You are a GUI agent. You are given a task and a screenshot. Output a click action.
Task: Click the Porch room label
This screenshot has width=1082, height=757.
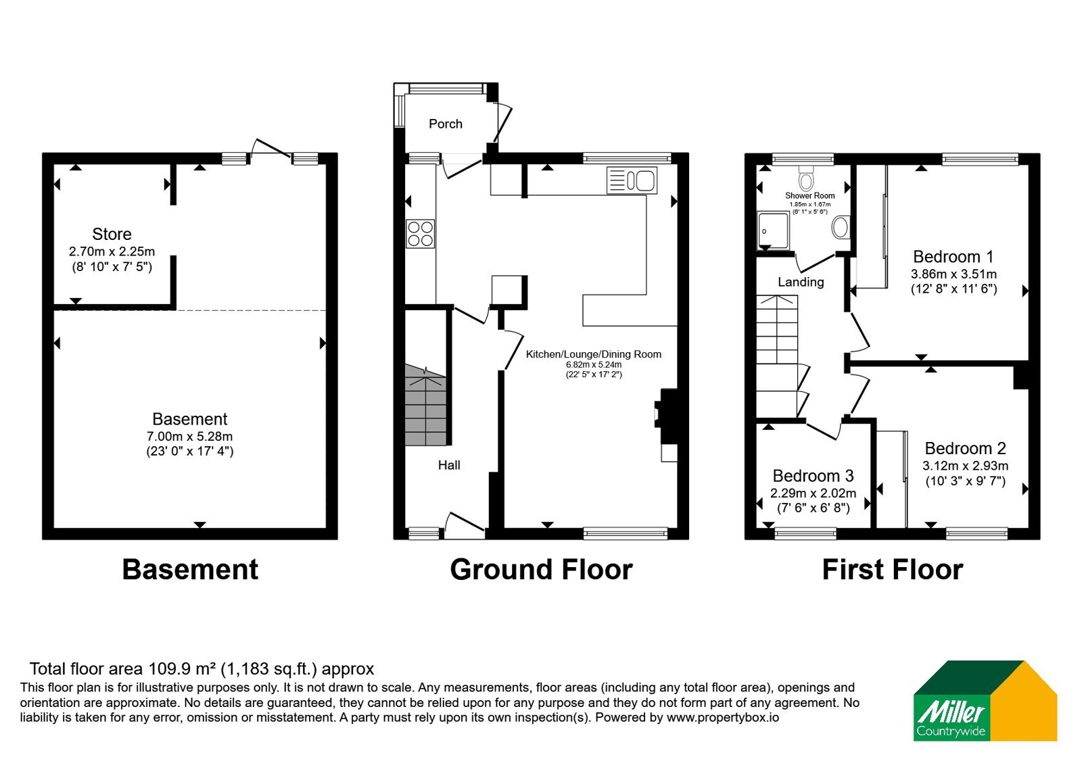coord(446,124)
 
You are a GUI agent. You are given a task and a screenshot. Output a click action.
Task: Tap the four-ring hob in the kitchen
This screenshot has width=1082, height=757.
coord(420,234)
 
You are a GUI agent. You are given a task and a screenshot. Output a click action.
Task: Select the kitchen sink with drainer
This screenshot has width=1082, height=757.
coord(632,180)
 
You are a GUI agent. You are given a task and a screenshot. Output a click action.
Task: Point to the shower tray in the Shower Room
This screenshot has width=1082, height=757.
coord(774,230)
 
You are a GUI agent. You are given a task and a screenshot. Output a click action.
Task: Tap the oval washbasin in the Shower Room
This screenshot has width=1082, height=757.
coord(841,227)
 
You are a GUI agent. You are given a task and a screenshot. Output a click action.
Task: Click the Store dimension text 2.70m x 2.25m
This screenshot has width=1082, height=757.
coord(112,251)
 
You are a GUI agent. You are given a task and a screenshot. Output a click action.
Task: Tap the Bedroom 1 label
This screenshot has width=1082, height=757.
coord(953,256)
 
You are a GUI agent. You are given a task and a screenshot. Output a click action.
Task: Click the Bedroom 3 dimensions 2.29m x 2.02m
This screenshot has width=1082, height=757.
coord(813,493)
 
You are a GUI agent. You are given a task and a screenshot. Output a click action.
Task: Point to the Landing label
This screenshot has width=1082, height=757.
coord(801,282)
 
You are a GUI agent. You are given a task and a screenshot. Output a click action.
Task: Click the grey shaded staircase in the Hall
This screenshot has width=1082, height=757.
coord(425,405)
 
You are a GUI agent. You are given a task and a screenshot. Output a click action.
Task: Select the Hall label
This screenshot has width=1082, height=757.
coord(449,465)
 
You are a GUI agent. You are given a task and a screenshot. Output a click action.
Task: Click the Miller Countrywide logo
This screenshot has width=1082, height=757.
coord(985,700)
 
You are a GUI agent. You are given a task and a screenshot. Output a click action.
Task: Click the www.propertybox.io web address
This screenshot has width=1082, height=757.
coord(723,717)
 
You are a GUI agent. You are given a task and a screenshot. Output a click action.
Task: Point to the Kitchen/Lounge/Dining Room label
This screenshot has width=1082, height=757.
coord(593,354)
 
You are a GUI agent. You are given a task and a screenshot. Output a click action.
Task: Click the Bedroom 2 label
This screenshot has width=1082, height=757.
coord(965,449)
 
